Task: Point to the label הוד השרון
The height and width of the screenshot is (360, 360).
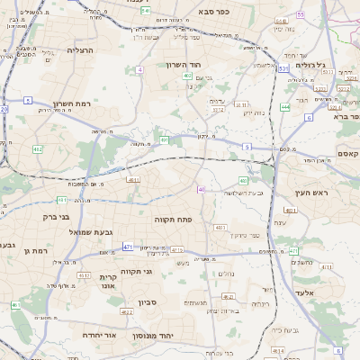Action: pyautogui.click(x=187, y=65)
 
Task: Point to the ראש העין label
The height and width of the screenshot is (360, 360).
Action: pyautogui.click(x=313, y=193)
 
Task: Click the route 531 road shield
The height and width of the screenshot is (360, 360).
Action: pyautogui.click(x=283, y=67)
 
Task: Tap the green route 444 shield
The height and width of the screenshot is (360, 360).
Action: pyautogui.click(x=284, y=106)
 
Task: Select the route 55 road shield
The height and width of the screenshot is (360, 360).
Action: pyautogui.click(x=301, y=15)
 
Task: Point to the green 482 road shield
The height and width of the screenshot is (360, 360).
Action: pyautogui.click(x=37, y=148)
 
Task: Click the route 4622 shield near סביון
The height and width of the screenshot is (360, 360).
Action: pyautogui.click(x=126, y=312)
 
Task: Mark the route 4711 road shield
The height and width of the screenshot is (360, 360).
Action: pyautogui.click(x=177, y=250)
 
